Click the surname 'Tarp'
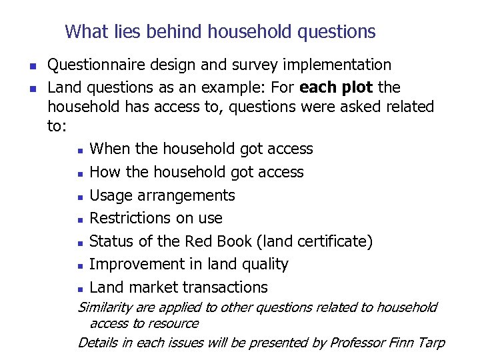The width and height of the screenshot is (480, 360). coord(430,343)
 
